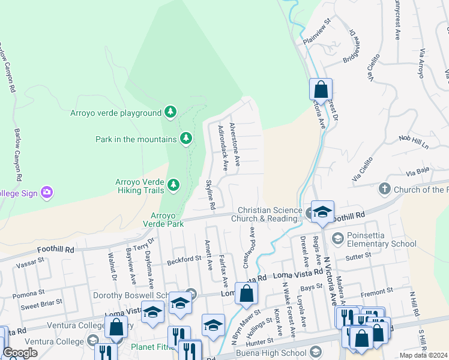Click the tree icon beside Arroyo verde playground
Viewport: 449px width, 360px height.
171,112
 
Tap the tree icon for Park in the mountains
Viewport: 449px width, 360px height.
186,139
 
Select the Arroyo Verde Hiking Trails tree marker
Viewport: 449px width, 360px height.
173,185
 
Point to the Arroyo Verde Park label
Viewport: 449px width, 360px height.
162,219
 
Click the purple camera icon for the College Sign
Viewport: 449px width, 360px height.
47,193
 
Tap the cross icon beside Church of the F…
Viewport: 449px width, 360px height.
385,190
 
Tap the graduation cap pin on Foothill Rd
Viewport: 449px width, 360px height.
322,212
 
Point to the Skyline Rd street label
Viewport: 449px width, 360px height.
211,195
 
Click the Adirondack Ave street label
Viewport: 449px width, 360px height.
223,147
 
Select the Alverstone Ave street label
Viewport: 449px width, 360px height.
235,145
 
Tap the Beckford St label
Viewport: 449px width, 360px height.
184,259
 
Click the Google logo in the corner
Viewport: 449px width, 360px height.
20,353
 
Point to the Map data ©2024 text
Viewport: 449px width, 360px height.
424,355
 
